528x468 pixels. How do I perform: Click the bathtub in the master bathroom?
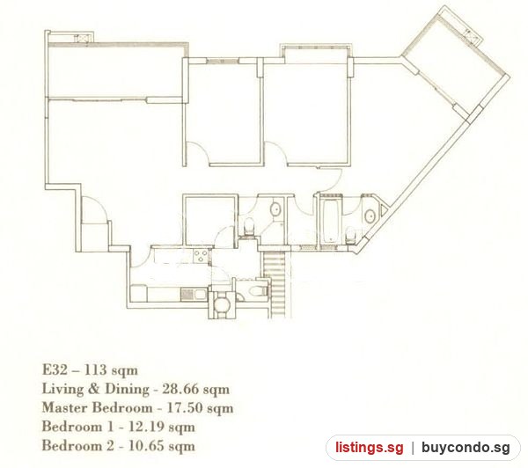pyautogui.click(x=330, y=221)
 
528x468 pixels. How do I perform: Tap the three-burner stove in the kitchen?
pyautogui.click(x=201, y=255)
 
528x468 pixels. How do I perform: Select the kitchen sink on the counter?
pyautogui.click(x=193, y=295)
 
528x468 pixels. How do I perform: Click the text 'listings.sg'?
pyautogui.click(x=369, y=448)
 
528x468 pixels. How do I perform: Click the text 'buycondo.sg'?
pyautogui.click(x=466, y=448)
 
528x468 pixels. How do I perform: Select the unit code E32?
pyautogui.click(x=55, y=370)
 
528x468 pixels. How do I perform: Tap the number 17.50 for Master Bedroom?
pyautogui.click(x=185, y=408)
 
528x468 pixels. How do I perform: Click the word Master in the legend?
pyautogui.click(x=64, y=408)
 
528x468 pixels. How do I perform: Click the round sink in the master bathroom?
pyautogui.click(x=370, y=216)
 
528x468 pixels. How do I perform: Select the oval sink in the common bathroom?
pyautogui.click(x=276, y=208)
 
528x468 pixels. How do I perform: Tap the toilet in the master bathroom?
pyautogui.click(x=351, y=235)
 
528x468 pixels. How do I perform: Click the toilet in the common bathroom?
pyautogui.click(x=249, y=227)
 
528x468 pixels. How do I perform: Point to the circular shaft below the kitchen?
pyautogui.click(x=221, y=304)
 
